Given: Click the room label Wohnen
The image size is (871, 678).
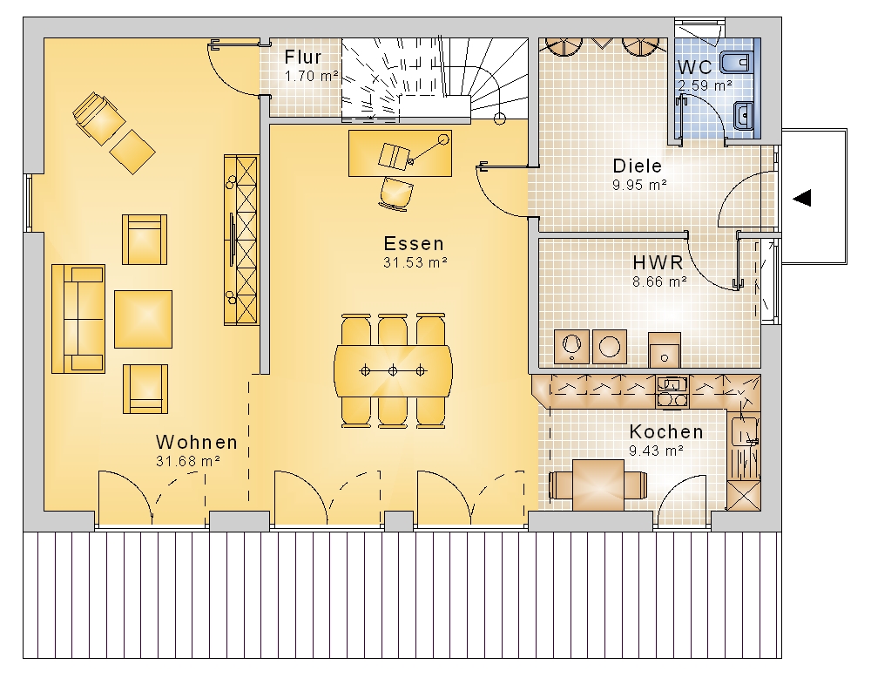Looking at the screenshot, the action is click(197, 443).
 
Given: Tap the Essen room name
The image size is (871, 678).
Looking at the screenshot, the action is click(414, 243).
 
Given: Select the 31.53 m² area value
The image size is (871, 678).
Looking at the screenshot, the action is click(415, 262).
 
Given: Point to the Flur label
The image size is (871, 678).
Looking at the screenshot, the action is click(303, 57).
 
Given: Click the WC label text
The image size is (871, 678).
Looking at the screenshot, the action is click(694, 67).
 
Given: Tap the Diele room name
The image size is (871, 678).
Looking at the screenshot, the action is click(638, 166).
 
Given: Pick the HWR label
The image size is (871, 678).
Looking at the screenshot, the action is click(658, 262).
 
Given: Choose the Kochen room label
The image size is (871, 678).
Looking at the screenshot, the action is click(666, 431).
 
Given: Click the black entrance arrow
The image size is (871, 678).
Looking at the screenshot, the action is click(801, 198).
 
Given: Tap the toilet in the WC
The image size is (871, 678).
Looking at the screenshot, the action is click(737, 63).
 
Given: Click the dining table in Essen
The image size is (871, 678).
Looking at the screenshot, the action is click(393, 370).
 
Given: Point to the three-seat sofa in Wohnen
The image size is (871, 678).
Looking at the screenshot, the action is click(78, 318).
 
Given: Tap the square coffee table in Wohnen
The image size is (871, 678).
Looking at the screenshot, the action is click(144, 319).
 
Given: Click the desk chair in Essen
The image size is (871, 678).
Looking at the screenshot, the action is click(396, 193).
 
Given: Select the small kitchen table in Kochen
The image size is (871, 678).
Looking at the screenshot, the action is click(598, 485).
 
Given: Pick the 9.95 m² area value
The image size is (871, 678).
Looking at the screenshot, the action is click(639, 185).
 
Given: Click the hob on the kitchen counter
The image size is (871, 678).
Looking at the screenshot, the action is click(672, 399).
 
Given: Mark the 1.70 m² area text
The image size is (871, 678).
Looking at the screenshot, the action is click(311, 76).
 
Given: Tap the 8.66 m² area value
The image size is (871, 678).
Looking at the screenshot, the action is click(659, 281).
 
